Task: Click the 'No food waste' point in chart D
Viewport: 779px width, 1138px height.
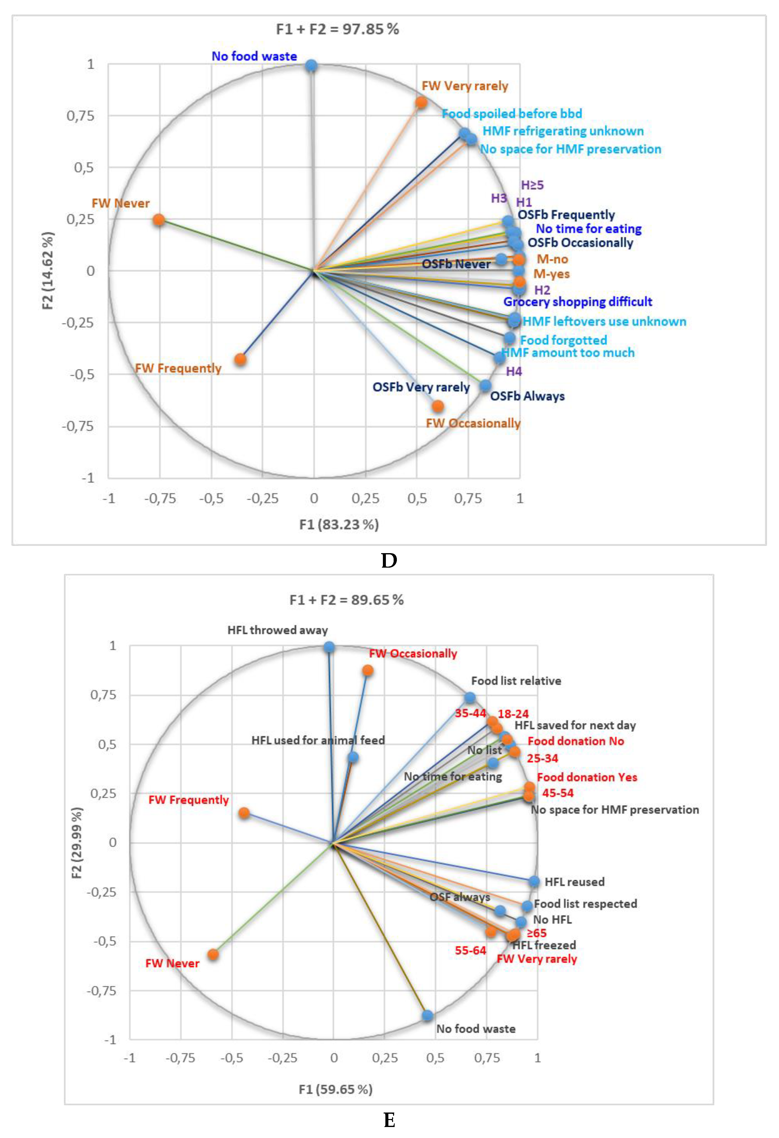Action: coord(311,66)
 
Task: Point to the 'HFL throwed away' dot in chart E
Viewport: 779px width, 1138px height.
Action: coord(329,647)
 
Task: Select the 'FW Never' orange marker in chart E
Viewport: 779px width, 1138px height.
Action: coord(213,954)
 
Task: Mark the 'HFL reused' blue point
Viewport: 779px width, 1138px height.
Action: coord(534,881)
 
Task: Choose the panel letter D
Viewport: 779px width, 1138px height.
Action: coord(389,560)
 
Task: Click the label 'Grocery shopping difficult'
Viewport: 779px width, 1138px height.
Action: coord(577,302)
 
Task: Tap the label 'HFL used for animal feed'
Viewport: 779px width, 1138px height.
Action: coord(318,740)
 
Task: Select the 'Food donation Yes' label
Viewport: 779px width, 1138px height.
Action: coord(587,777)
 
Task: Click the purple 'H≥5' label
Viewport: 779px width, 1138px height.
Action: coord(532,185)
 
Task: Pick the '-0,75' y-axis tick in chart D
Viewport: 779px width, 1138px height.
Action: coord(77,426)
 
